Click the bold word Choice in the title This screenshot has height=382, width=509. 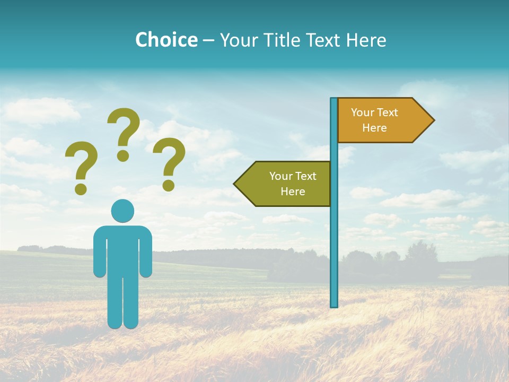[x=166, y=40]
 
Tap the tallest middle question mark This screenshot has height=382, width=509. [x=124, y=127]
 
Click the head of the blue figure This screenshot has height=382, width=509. [x=122, y=211]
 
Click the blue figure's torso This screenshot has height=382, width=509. [x=122, y=249]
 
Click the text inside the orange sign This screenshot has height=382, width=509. [x=374, y=120]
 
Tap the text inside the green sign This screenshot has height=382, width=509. [x=293, y=184]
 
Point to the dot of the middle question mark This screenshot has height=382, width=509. [x=123, y=155]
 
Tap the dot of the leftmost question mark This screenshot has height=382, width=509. [x=81, y=189]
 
